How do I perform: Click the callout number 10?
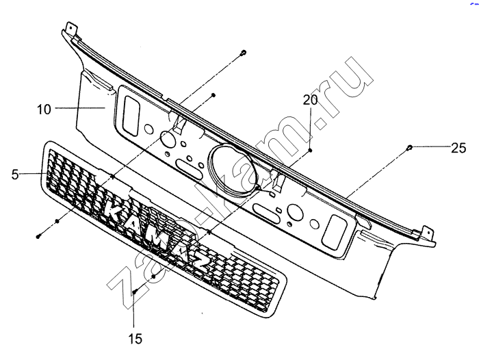coord(44,109)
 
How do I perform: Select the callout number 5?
coord(15,175)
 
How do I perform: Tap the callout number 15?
coord(135,339)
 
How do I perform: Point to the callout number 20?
coord(311,100)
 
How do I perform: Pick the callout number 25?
coord(458,148)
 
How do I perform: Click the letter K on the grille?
coord(115,209)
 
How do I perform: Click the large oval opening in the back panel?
coord(231,170)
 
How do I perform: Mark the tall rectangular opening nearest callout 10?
coord(131,116)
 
